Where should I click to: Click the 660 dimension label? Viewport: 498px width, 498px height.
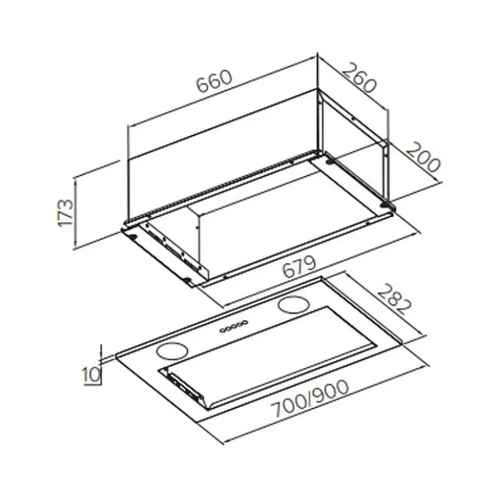214,81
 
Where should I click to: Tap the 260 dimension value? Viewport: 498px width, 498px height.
359,77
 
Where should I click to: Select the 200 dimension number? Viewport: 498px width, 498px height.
423,156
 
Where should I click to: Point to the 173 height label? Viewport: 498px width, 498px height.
66,212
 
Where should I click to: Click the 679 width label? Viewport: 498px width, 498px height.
299,266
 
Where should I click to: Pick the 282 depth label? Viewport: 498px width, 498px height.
394,299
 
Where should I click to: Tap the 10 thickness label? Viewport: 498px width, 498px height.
91,375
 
